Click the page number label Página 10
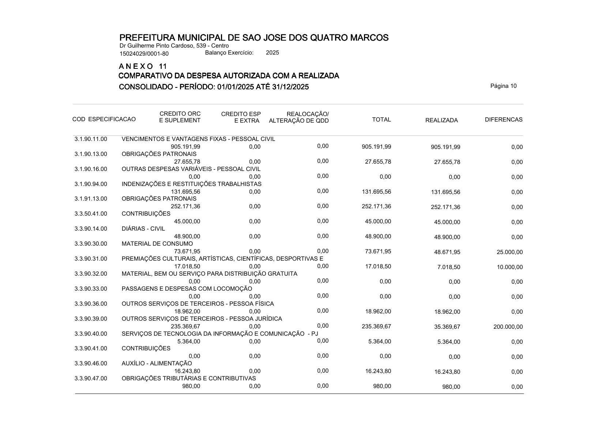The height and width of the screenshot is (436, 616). (503, 86)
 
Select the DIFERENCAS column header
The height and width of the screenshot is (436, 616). (503, 120)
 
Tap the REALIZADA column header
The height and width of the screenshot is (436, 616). (442, 120)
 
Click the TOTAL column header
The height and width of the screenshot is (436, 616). (381, 120)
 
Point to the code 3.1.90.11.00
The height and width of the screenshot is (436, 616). (91, 139)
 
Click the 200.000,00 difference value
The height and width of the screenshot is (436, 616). (508, 327)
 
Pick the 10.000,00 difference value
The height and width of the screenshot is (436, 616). (509, 267)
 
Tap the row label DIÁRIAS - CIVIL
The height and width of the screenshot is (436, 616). (143, 229)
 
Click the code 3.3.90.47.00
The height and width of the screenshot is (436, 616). (91, 379)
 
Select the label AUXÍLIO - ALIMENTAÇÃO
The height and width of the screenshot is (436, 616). (157, 364)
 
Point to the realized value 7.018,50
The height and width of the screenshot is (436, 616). (448, 267)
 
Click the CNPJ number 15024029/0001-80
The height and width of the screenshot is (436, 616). (144, 54)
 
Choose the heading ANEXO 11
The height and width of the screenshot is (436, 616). (143, 66)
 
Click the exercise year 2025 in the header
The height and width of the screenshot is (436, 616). (272, 53)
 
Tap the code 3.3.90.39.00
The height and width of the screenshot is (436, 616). (91, 319)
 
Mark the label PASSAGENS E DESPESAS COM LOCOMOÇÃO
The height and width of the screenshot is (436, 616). (187, 289)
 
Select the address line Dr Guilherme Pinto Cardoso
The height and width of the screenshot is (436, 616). (174, 46)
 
